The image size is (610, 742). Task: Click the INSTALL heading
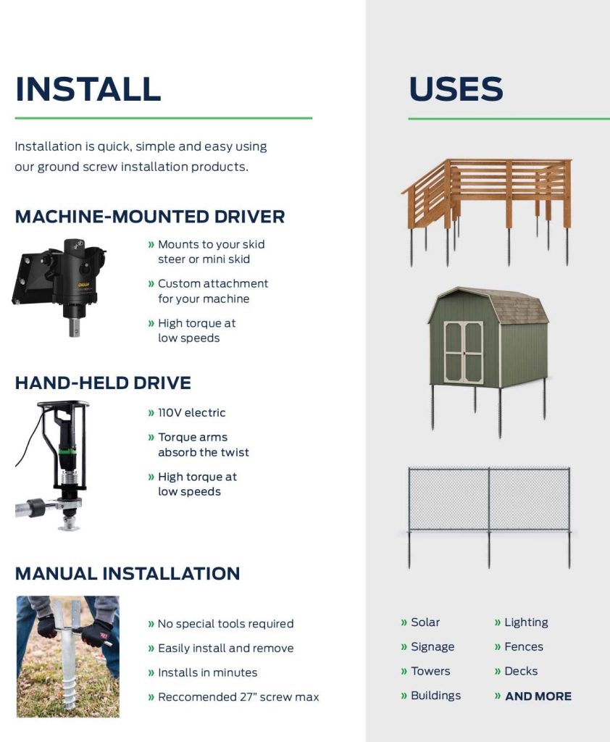click(88, 89)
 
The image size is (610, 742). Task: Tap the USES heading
click(456, 89)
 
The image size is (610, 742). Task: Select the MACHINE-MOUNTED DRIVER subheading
click(150, 217)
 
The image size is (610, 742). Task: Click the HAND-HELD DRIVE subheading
click(103, 383)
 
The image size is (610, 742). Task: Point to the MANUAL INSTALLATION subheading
click(128, 574)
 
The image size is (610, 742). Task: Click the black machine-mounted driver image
click(59, 287)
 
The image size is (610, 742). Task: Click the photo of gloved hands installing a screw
click(67, 656)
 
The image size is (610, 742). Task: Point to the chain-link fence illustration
click(489, 517)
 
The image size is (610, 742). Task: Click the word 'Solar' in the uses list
click(425, 622)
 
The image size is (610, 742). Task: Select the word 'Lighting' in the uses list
click(526, 622)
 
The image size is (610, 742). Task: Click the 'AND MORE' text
click(538, 696)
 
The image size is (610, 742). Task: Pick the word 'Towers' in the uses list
click(430, 671)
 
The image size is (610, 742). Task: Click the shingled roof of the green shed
click(516, 307)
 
